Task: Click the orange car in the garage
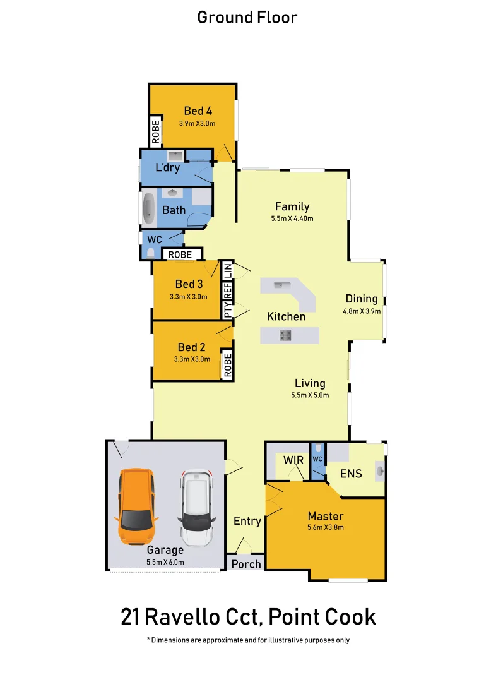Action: click(136, 507)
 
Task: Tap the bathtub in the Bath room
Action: click(149, 209)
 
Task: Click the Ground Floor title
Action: click(247, 17)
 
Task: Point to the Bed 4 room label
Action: click(198, 111)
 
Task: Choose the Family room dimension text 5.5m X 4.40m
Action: click(292, 218)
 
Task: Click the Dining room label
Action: click(361, 299)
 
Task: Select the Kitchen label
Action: click(286, 316)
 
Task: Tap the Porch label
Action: click(246, 563)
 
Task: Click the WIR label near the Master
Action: click(293, 460)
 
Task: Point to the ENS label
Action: click(351, 472)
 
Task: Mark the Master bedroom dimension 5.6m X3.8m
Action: click(326, 527)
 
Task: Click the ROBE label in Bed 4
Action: click(155, 131)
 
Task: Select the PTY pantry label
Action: click(227, 310)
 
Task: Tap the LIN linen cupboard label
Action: click(227, 269)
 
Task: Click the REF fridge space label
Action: click(227, 290)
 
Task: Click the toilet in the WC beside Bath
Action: click(150, 253)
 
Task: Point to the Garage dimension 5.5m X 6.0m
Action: click(165, 561)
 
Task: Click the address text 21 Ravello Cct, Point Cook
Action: click(248, 616)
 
